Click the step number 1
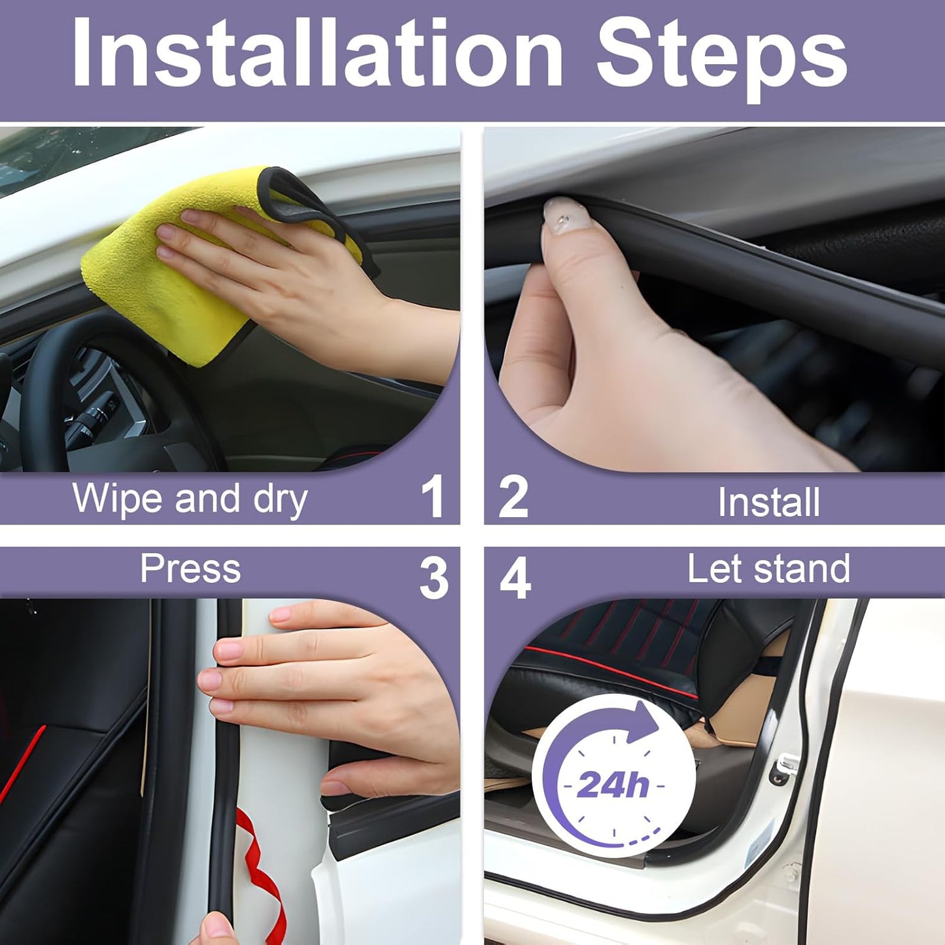click(432, 497)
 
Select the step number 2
click(513, 497)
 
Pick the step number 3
click(434, 578)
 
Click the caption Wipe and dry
click(190, 499)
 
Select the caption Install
click(768, 502)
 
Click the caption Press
click(190, 568)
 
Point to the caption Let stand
click(768, 568)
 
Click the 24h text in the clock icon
click(613, 784)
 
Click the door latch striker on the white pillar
click(785, 765)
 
